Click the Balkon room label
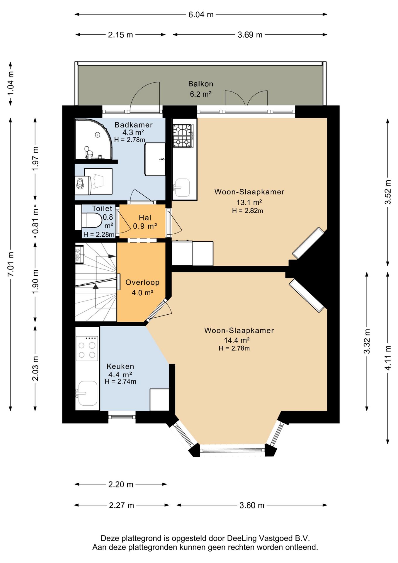[200, 84]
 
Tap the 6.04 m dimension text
[201, 14]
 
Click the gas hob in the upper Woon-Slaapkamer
[183, 135]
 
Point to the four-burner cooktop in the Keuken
[87, 348]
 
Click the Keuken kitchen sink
[87, 393]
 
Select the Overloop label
[142, 282]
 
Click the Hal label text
[145, 218]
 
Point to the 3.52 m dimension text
[388, 192]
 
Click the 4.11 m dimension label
[388, 358]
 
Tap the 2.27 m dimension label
[122, 505]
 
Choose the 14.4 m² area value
[237, 340]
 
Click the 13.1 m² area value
[249, 202]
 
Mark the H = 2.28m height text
[99, 235]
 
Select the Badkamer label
[134, 125]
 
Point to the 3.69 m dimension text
[250, 35]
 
